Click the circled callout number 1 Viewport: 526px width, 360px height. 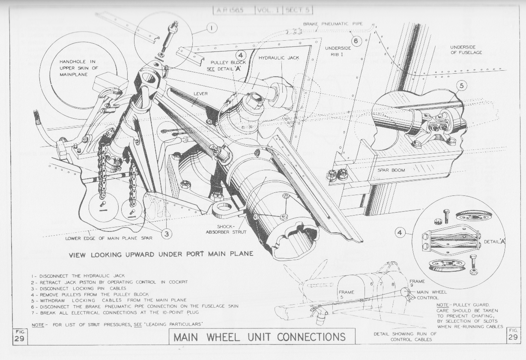(x=211, y=28)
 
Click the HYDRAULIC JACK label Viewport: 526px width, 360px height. (x=279, y=57)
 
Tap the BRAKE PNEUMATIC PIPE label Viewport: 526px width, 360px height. (x=333, y=24)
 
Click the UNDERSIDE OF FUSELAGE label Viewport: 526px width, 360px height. (x=466, y=50)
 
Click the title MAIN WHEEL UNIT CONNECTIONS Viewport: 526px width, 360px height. (x=260, y=336)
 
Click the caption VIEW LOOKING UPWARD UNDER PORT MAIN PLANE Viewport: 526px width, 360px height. (x=161, y=254)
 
